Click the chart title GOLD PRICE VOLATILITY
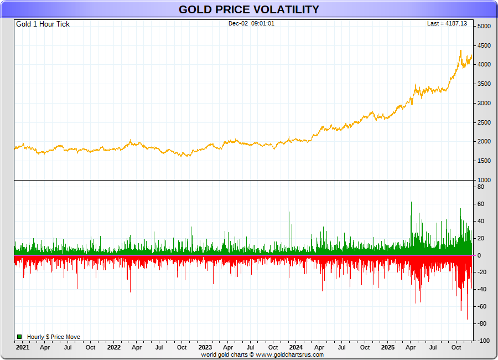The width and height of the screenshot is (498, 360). click(x=248, y=9)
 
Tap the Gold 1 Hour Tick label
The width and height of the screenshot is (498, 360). click(x=43, y=24)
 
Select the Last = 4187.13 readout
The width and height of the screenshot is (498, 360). click(x=447, y=24)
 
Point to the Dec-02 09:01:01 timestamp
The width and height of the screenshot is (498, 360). click(x=251, y=24)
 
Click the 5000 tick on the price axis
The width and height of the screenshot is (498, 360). click(x=484, y=27)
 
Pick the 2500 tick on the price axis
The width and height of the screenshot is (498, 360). click(x=484, y=122)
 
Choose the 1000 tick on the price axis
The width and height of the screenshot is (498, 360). click(x=484, y=180)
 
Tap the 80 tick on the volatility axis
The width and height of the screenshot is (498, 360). click(x=481, y=187)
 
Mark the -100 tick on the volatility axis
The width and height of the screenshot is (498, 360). click(x=483, y=341)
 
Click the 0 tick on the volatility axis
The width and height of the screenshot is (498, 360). click(x=480, y=255)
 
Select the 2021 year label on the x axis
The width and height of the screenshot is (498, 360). click(x=23, y=348)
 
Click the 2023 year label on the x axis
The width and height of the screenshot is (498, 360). click(x=205, y=348)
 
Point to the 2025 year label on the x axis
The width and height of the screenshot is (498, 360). click(x=388, y=348)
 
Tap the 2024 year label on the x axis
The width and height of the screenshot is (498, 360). click(x=296, y=348)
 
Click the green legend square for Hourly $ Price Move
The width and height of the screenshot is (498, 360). click(x=19, y=337)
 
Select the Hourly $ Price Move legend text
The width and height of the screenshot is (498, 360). click(x=54, y=337)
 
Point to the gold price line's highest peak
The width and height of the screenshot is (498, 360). click(x=460, y=50)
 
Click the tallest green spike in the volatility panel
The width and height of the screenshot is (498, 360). click(x=411, y=203)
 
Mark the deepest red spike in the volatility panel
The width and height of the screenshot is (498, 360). click(x=467, y=319)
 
